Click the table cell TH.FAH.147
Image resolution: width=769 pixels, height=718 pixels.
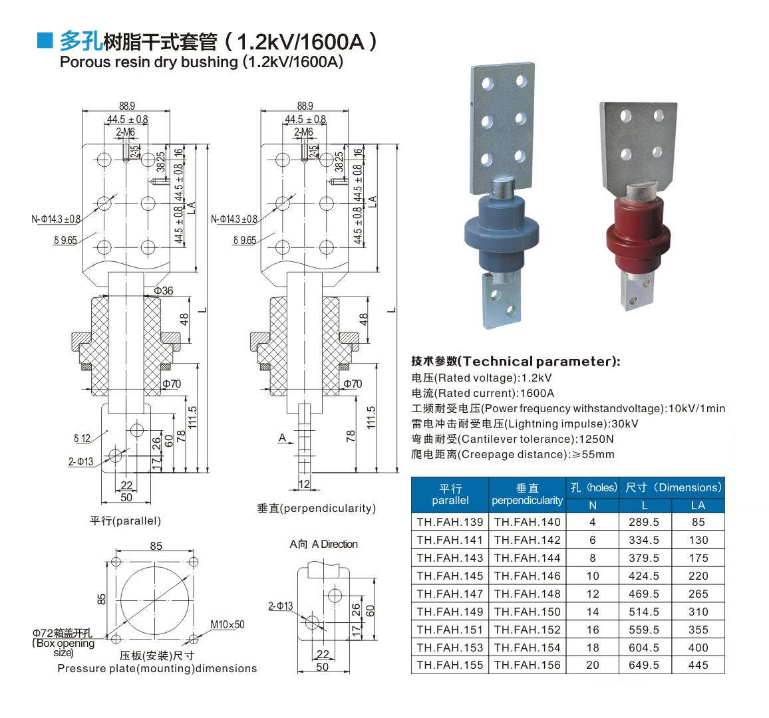tap(450, 594)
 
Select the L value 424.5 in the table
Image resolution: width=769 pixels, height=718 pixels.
tap(644, 576)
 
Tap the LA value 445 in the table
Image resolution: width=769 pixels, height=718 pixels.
tap(698, 665)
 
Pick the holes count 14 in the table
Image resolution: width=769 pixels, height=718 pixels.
tap(593, 612)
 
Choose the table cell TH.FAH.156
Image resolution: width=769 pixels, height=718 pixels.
tap(528, 665)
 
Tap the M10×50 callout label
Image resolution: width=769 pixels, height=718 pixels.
tap(227, 624)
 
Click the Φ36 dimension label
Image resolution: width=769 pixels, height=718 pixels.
tap(164, 291)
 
